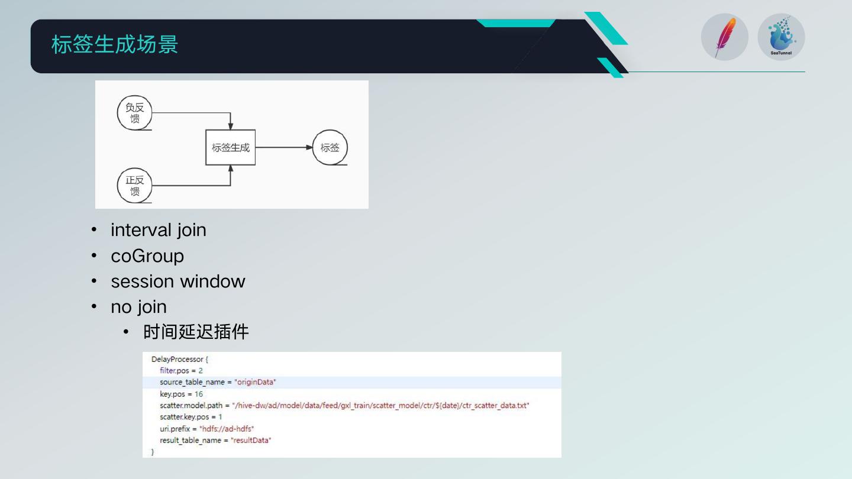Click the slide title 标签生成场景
[115, 45]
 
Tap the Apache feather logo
[725, 37]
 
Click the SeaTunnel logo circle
[781, 37]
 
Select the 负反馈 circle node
[135, 113]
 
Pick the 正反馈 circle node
[135, 186]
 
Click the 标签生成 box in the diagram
[231, 148]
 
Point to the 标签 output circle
[330, 148]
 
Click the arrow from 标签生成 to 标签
[284, 147]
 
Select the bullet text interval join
[159, 230]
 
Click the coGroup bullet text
[147, 256]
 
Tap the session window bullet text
[178, 281]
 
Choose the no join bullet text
[138, 307]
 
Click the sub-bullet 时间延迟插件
[196, 332]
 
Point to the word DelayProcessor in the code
[177, 359]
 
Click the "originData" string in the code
[256, 382]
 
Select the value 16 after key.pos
[199, 394]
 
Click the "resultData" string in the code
[251, 441]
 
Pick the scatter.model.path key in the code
[191, 406]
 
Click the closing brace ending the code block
[153, 452]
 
